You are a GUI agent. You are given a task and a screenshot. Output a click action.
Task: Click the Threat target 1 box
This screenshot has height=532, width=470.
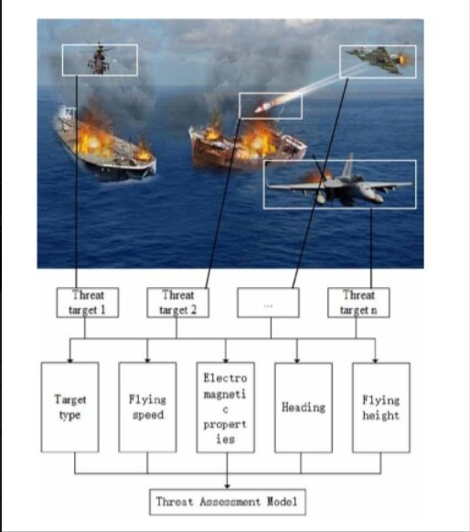point(88,303)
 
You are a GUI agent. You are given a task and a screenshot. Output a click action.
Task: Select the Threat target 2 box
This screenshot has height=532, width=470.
point(177,303)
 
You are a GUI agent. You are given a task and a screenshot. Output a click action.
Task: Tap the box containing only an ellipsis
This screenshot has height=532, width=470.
point(268,303)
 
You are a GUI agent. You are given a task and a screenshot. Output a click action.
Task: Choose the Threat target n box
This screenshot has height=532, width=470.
point(358,303)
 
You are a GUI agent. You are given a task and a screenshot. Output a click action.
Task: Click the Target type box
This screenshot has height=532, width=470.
point(69,407)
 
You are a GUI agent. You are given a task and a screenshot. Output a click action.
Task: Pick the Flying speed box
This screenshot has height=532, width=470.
point(147,407)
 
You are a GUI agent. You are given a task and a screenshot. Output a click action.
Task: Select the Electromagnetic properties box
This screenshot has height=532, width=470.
point(225,407)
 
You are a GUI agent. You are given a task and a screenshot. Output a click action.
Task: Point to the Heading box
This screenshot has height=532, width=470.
point(304,408)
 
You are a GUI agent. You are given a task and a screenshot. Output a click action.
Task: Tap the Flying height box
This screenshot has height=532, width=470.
point(381,408)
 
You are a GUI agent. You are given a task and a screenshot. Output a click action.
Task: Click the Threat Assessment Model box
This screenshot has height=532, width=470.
point(228,502)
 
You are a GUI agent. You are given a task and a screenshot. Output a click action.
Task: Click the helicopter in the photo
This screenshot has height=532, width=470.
point(99,59)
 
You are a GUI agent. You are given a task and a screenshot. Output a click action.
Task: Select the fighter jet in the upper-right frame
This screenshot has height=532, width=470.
point(377,59)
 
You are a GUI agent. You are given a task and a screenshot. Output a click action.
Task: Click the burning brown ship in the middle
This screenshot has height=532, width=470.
point(247,147)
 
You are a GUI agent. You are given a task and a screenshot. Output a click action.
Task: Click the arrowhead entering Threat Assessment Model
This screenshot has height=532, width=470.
point(228,486)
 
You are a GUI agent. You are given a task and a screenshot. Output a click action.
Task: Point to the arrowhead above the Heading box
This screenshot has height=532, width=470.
point(297,360)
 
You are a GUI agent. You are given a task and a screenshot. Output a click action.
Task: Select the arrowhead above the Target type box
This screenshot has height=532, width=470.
point(69,359)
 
